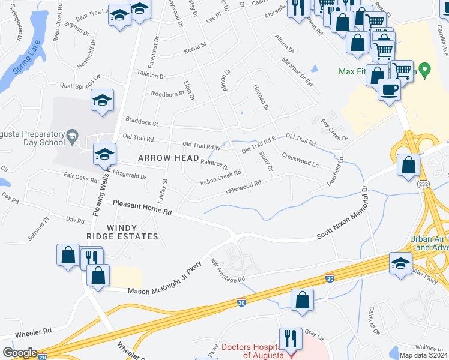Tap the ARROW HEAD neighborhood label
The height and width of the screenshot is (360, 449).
[x=168, y=158]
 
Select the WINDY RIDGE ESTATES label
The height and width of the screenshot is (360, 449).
[x=132, y=232]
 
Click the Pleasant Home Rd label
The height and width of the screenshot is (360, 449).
[x=143, y=208]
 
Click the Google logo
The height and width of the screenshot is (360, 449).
[x=20, y=353]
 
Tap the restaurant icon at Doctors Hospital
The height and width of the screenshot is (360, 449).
[x=290, y=338]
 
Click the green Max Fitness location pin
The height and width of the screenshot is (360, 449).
[x=426, y=71]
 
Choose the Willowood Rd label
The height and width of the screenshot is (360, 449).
[x=243, y=188]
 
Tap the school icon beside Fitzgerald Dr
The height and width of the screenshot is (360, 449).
[x=104, y=155]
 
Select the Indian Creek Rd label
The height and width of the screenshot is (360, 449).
[x=220, y=176]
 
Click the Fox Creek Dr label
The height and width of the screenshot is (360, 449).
[x=335, y=130]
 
